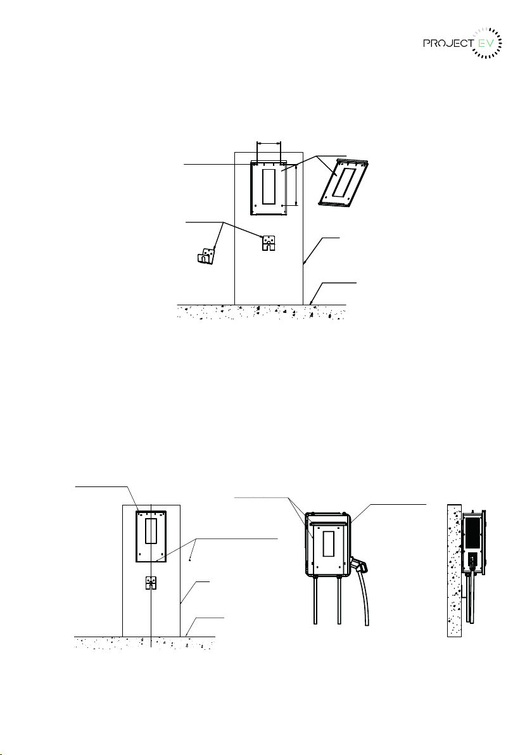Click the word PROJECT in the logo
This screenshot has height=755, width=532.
point(448,43)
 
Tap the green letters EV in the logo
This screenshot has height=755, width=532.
point(484,43)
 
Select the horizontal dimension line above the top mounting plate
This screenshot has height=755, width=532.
point(269,143)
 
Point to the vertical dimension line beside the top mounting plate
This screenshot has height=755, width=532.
point(296,185)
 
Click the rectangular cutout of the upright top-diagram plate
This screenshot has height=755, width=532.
point(269,186)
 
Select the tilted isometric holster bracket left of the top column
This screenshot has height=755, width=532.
point(206,255)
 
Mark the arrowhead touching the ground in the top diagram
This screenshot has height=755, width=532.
point(312,302)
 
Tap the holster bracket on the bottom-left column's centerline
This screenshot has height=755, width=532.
point(151,583)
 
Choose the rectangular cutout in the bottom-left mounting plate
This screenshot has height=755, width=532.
point(151,531)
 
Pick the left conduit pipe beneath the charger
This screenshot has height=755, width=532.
point(316,601)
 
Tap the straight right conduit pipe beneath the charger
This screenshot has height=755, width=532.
point(339,601)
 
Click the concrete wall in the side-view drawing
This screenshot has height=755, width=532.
point(454,570)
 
